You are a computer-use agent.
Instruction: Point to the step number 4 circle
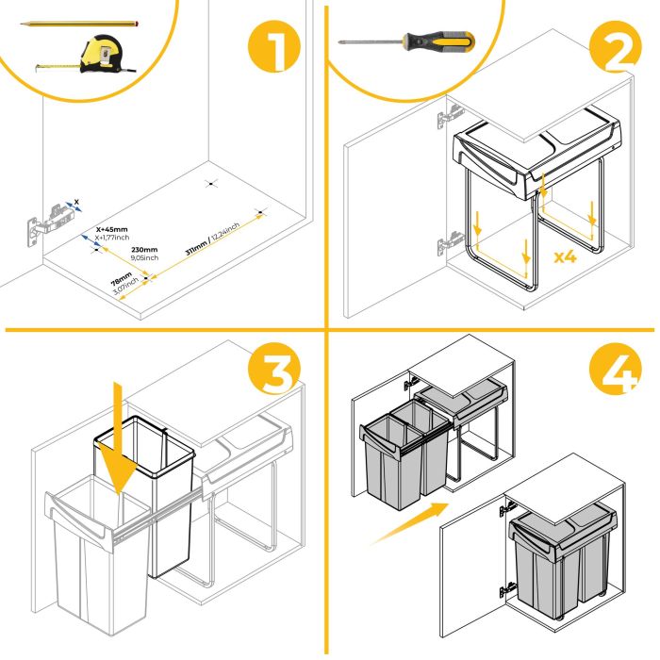click(609, 372)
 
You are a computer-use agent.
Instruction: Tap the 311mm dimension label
click(212, 239)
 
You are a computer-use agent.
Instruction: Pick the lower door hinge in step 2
click(447, 247)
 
